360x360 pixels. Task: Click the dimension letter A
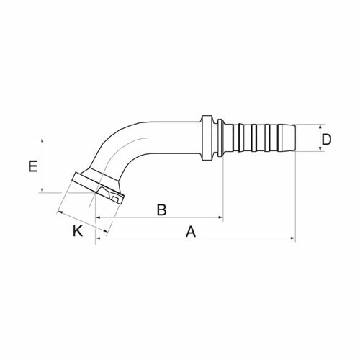(x=191, y=232)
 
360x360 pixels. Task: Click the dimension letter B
(x=162, y=210)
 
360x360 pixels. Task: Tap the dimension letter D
(x=326, y=140)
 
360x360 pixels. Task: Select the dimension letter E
(x=33, y=166)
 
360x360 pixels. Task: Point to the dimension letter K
(x=78, y=231)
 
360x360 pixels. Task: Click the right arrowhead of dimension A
(x=293, y=238)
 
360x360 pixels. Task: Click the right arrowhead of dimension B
(x=220, y=217)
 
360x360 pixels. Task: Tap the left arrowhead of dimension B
(x=99, y=217)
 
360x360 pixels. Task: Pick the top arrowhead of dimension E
(x=42, y=141)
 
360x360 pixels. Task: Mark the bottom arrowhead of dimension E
(x=42, y=190)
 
